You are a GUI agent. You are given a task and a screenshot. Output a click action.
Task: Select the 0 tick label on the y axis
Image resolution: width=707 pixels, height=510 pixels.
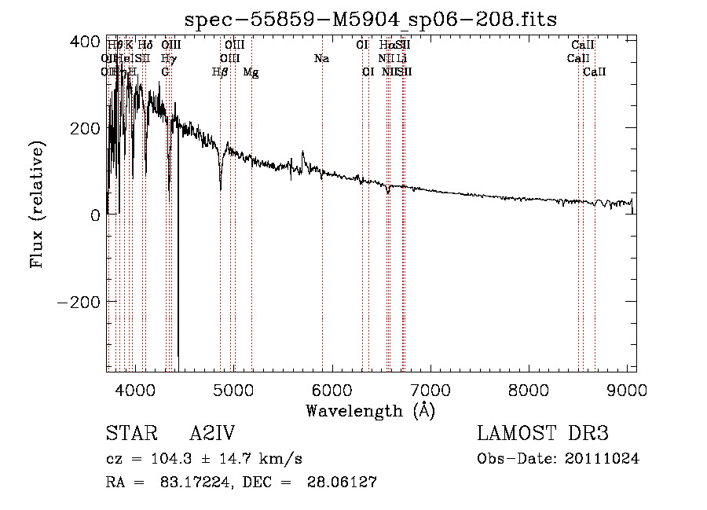click(x=96, y=215)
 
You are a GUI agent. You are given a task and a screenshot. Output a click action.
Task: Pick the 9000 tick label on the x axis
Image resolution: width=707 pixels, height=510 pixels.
click(x=627, y=388)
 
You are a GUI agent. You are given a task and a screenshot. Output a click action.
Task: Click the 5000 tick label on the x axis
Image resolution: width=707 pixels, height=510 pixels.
click(x=233, y=388)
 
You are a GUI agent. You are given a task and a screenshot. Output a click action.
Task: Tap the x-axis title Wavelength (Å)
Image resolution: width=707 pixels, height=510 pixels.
click(x=370, y=410)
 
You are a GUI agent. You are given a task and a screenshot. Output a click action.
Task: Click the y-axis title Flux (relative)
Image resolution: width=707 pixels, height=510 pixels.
click(x=38, y=205)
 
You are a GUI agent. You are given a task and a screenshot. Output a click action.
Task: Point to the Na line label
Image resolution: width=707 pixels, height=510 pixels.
click(x=321, y=58)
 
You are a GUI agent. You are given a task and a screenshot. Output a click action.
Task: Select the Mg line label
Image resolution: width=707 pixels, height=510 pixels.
click(x=251, y=72)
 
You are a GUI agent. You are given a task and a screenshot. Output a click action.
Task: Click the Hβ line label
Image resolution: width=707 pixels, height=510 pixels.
click(x=220, y=72)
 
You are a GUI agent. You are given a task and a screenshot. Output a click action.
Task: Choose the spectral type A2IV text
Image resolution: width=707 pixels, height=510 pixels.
click(x=212, y=434)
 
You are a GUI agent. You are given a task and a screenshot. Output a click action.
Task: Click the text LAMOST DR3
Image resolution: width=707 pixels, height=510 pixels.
click(x=542, y=434)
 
